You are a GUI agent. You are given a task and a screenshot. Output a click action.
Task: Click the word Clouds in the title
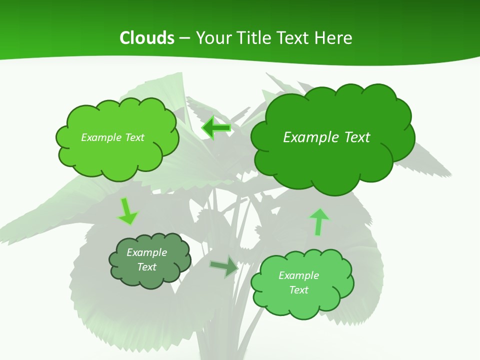[146, 38]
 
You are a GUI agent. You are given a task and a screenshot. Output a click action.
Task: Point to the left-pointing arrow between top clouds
[216, 128]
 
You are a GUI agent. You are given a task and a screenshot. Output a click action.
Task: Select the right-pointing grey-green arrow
[224, 266]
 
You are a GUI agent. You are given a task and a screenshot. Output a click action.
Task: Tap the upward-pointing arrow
[318, 221]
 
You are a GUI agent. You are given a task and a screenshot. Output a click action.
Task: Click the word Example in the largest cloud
[311, 137]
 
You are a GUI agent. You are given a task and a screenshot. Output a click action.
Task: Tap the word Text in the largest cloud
[356, 137]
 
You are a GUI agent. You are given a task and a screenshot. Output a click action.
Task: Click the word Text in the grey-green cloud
[147, 267]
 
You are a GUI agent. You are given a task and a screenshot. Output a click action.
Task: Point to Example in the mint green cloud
[298, 275]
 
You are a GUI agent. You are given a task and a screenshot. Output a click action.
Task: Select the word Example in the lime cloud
[100, 137]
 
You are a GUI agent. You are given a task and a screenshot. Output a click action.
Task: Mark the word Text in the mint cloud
[298, 290]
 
